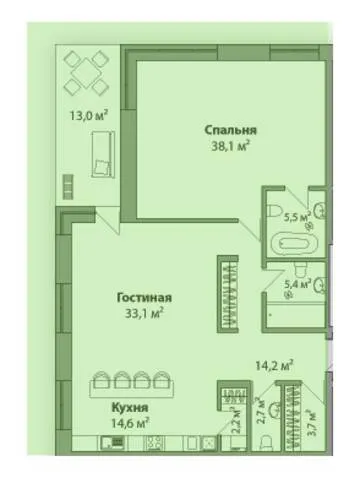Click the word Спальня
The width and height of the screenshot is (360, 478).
(x=231, y=130)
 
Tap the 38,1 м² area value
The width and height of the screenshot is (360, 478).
(x=231, y=146)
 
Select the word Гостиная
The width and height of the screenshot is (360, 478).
(x=144, y=297)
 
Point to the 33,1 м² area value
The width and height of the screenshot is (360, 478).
(x=144, y=313)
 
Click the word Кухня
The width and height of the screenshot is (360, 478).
(x=130, y=407)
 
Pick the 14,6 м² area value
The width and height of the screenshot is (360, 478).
(x=130, y=423)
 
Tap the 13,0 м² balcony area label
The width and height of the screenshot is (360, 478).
(x=89, y=115)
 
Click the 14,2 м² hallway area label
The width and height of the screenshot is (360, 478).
(x=274, y=366)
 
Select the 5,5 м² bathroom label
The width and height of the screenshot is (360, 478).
(x=297, y=217)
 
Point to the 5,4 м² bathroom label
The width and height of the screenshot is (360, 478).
(x=297, y=284)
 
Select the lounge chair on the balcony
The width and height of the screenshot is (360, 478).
(x=103, y=154)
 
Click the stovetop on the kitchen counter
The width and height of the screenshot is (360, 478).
(x=155, y=444)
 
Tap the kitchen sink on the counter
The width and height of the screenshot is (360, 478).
(x=112, y=444)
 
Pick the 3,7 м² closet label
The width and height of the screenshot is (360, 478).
(x=312, y=421)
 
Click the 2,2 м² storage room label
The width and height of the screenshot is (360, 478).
(x=236, y=417)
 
